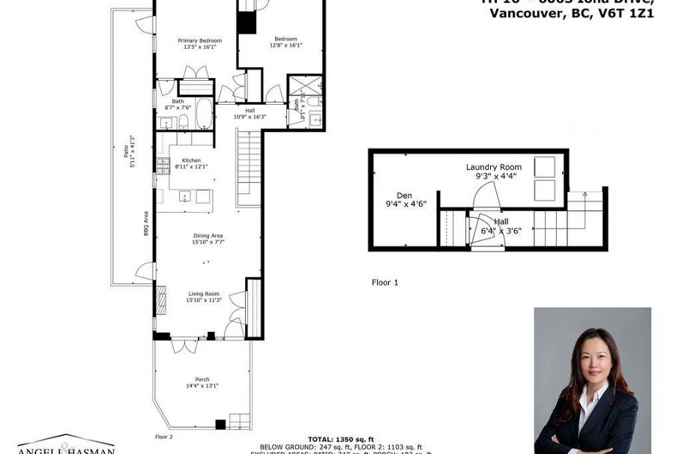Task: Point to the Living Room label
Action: click(x=203, y=297)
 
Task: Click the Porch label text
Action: click(x=203, y=382)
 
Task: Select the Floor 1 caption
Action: click(x=385, y=282)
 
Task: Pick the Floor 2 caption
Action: click(x=164, y=436)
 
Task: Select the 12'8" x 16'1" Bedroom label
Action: click(x=286, y=42)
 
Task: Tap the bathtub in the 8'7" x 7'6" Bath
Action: click(x=201, y=114)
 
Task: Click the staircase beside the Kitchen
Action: click(x=248, y=166)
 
